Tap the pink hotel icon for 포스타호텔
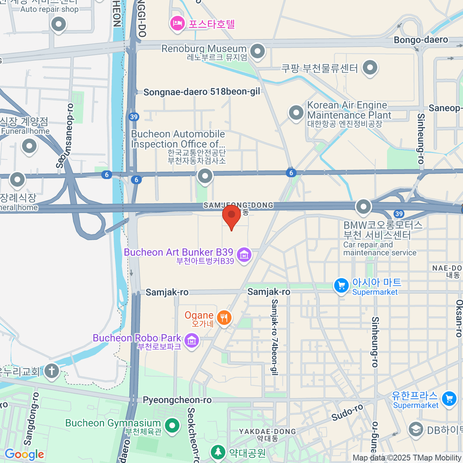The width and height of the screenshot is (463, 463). (x=177, y=24)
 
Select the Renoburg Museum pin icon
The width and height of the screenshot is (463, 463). (x=257, y=51)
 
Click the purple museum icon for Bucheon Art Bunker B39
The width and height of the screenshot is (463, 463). (x=244, y=255)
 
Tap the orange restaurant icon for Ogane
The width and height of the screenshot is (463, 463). (x=224, y=318)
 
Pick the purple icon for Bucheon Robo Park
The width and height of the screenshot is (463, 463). (x=192, y=340)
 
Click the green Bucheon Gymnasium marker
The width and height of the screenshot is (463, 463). (x=172, y=426)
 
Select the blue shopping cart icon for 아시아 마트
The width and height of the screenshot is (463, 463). (x=341, y=286)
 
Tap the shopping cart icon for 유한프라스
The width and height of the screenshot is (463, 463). (x=449, y=399)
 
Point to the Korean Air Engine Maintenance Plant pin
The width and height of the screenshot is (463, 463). (x=296, y=113)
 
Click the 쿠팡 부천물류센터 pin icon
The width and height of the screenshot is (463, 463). (x=370, y=68)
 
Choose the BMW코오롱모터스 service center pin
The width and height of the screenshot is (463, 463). (x=363, y=206)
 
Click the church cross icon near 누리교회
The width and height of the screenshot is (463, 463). (x=51, y=371)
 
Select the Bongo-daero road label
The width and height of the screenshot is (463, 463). (x=421, y=40)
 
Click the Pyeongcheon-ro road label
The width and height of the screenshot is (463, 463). (x=177, y=400)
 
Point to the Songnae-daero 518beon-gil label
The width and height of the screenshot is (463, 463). (x=201, y=92)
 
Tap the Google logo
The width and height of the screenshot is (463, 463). (x=24, y=454)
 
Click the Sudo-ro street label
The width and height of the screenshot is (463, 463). (x=347, y=412)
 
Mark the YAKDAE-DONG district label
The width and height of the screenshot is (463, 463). (x=267, y=431)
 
